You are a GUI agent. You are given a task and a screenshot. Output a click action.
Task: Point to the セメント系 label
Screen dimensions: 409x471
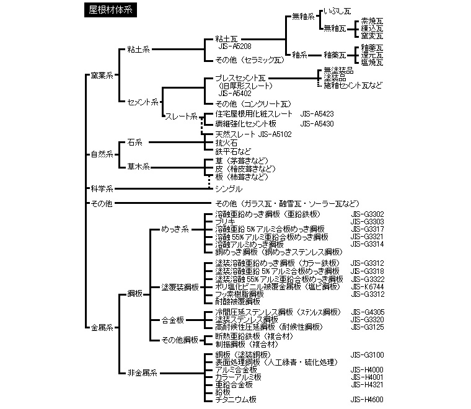[143, 102]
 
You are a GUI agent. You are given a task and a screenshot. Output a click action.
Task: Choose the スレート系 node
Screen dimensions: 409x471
[181, 116]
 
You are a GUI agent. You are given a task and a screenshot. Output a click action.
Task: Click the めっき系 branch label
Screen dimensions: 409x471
[175, 229]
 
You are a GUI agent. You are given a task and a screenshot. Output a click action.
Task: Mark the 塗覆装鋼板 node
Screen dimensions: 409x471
[180, 287]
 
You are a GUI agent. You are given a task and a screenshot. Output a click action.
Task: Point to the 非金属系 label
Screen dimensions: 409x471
[142, 374]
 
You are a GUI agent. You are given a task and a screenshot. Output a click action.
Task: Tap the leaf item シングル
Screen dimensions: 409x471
[229, 188]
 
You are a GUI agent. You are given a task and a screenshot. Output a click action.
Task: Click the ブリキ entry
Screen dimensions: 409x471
[225, 221]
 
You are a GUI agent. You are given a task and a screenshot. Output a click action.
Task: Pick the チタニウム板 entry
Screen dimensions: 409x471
[235, 400]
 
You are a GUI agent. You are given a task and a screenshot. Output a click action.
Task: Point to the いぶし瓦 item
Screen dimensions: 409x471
[338, 11]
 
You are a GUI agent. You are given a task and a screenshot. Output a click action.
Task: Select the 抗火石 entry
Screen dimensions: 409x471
[226, 143]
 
